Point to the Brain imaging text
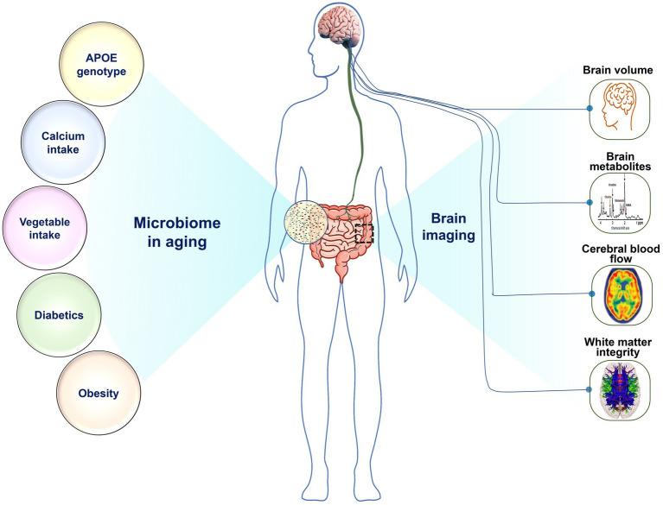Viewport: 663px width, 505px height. pyautogui.click(x=445, y=227)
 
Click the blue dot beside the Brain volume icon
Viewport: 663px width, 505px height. pyautogui.click(x=590, y=110)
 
